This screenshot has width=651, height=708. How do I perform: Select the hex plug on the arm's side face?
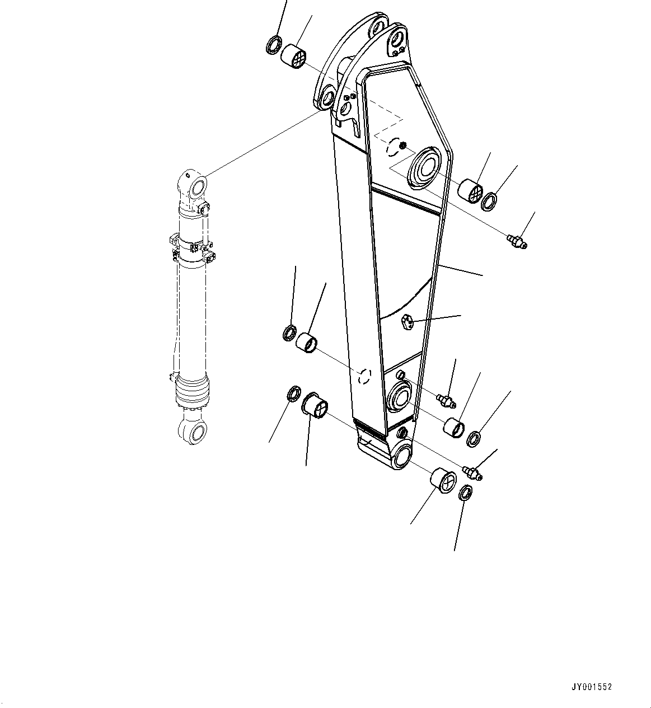(x=407, y=322)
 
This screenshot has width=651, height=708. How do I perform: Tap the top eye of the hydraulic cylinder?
(x=194, y=185)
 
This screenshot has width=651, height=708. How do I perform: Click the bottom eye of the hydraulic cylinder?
(x=191, y=432)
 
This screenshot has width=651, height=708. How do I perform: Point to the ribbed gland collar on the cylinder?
(x=193, y=390)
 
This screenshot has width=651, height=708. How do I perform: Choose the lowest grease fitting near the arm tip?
(x=473, y=473)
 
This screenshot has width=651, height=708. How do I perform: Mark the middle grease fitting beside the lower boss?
(x=446, y=399)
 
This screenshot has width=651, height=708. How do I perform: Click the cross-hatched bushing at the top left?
(x=294, y=57)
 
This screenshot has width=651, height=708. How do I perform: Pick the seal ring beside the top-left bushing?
(x=274, y=45)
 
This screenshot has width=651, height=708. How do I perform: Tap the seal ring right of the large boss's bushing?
(x=490, y=202)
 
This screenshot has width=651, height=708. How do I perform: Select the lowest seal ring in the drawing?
(x=465, y=493)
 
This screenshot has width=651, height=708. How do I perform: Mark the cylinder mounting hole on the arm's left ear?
(x=326, y=99)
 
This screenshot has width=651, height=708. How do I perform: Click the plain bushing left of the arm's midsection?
(x=307, y=342)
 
